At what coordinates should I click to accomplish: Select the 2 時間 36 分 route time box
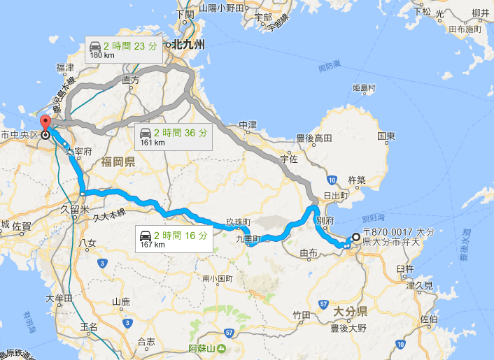click(171, 136)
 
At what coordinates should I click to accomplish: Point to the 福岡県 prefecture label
click(118, 162)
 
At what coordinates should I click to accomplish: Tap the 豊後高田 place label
click(315, 138)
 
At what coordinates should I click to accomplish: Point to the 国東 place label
click(387, 135)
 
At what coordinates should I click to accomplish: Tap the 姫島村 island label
click(364, 89)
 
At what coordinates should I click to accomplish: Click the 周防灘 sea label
click(327, 68)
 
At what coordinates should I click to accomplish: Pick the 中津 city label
click(248, 126)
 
